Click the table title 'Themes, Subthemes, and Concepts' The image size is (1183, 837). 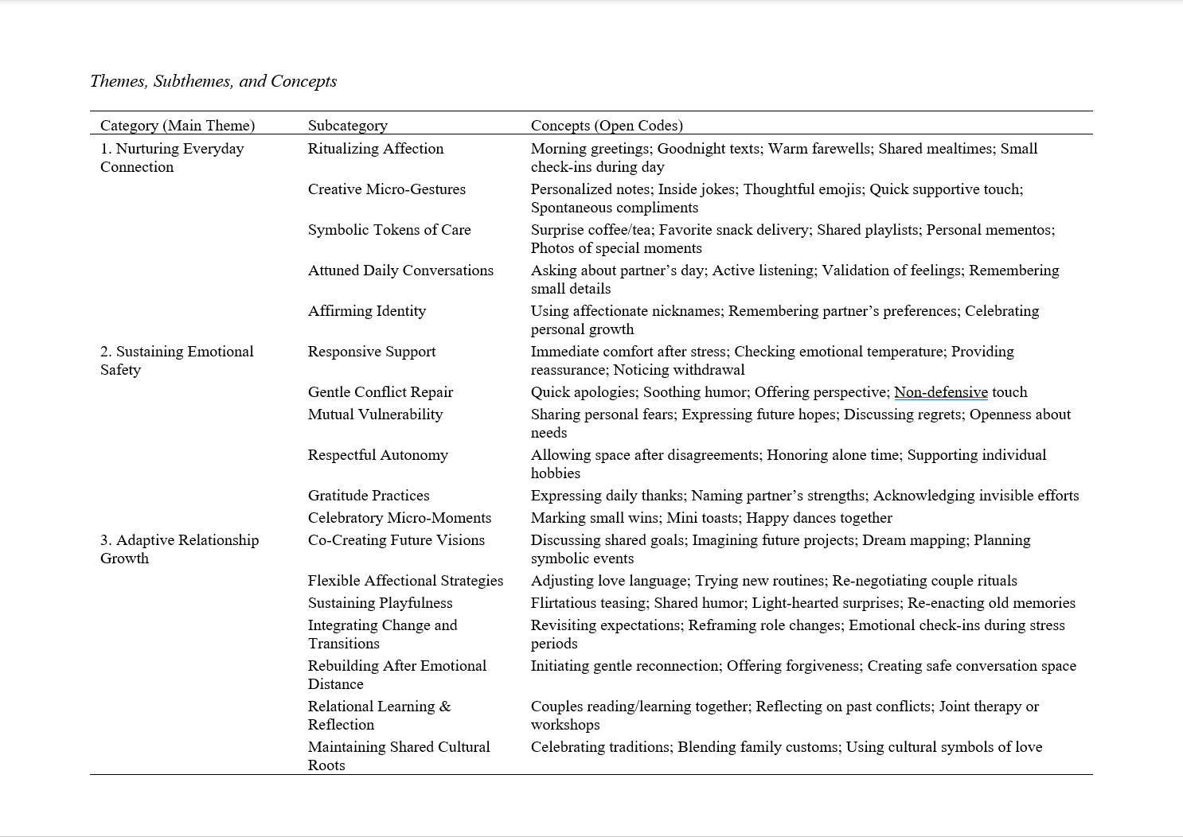(213, 81)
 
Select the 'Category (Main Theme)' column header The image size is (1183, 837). (178, 126)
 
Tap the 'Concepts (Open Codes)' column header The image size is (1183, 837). (607, 126)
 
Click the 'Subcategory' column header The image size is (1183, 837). (348, 126)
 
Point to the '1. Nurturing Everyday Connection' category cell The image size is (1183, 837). (172, 158)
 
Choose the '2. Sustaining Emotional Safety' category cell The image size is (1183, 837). (177, 360)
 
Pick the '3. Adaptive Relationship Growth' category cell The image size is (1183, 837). (179, 549)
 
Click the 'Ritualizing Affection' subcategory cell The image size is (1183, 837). (376, 149)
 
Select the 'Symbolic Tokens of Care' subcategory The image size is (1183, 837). (389, 230)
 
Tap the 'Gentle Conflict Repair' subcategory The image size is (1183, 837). (381, 392)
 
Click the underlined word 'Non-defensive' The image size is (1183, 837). (941, 392)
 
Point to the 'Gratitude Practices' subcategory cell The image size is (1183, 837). (369, 496)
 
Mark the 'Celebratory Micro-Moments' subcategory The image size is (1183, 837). (400, 518)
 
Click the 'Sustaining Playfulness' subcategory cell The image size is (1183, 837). (381, 603)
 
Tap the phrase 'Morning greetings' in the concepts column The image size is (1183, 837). (590, 149)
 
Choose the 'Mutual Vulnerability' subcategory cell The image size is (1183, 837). (375, 415)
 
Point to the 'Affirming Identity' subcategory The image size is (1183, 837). (367, 311)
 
